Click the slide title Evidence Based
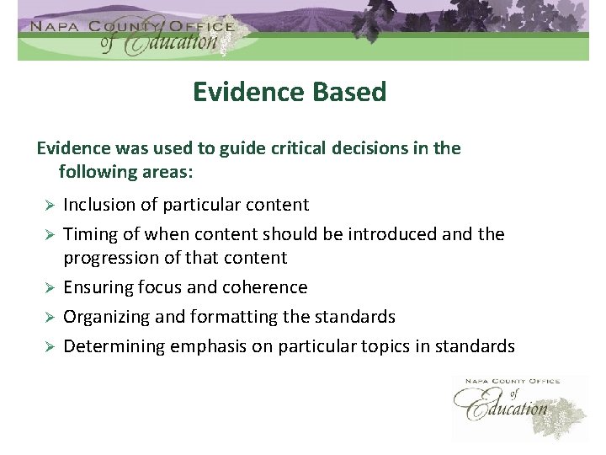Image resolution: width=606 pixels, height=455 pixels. (289, 91)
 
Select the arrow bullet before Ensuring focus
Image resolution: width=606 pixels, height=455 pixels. (49, 288)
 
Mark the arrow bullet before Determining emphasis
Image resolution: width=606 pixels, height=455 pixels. (49, 347)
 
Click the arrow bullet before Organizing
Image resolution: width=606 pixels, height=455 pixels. (49, 318)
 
